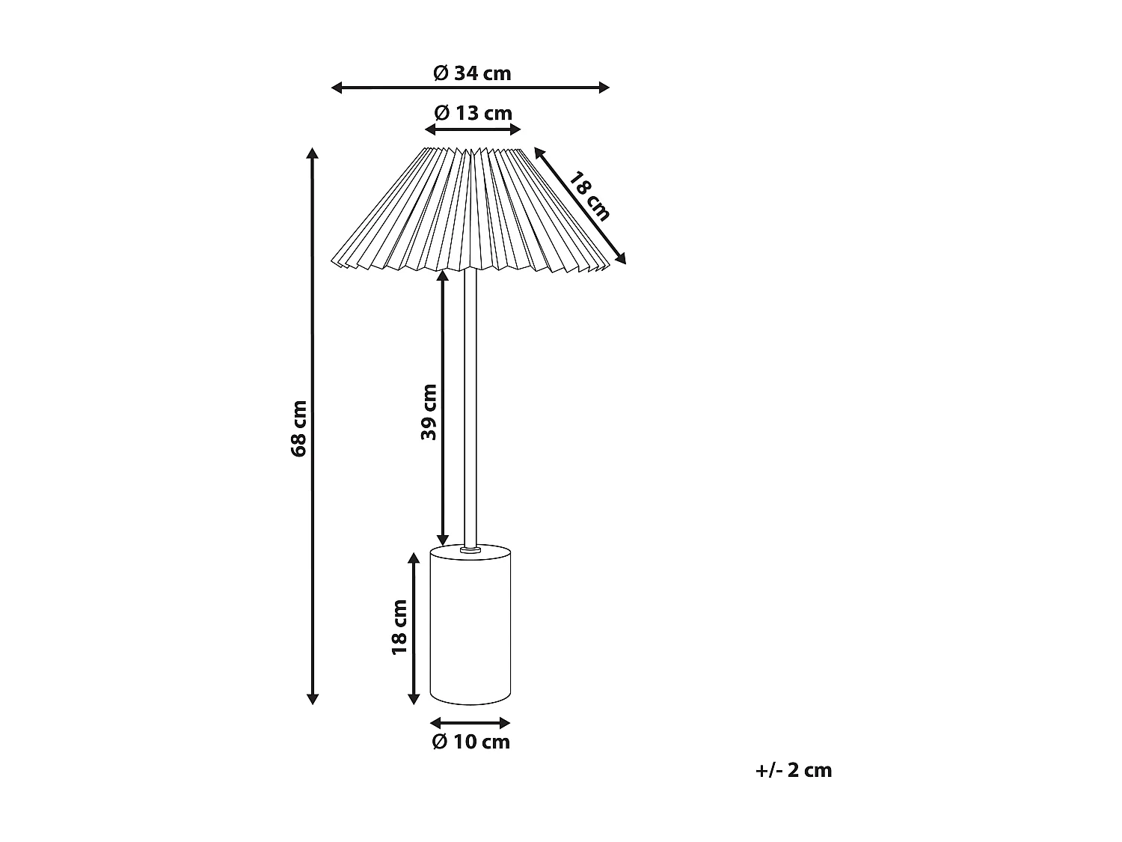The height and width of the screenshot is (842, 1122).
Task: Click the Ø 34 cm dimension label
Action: coord(472,73)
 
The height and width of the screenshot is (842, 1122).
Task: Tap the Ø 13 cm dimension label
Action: coord(473,113)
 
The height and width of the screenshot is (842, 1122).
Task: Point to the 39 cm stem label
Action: coord(429,412)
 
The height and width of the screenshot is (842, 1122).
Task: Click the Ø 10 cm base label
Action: coord(471,742)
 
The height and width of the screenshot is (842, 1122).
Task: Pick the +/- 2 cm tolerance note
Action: coord(794,770)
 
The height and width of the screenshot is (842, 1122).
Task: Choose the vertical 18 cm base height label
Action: coord(399,627)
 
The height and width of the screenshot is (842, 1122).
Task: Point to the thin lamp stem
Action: coord(470,404)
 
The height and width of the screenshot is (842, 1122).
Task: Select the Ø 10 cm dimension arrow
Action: coord(470,723)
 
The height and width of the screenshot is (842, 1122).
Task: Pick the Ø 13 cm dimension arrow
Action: coord(473,129)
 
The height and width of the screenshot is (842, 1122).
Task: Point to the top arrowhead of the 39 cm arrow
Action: coord(442,275)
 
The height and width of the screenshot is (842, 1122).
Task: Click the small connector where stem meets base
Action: coord(470,550)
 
